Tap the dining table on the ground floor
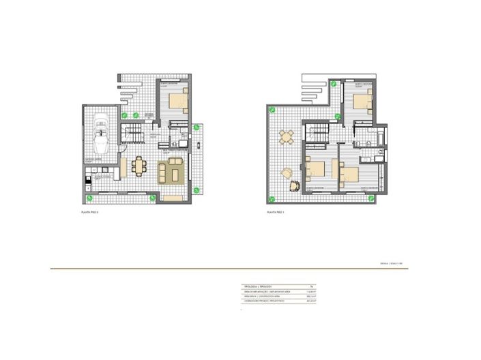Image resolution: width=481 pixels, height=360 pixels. pos(139,166)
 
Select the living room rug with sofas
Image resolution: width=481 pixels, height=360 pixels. pos(170,170)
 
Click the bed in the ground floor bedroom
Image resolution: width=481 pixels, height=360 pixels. pos(179,102)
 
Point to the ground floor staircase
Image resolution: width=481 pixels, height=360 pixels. pos(134,135)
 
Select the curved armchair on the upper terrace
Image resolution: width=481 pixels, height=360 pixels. pos(295,184)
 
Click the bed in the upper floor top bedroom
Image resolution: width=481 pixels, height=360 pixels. pos(362,103)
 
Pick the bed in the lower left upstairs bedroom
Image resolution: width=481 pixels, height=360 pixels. pos(315,169)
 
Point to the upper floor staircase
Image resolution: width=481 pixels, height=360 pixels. pos(317,135)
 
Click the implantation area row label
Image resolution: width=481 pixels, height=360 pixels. pos(263,292)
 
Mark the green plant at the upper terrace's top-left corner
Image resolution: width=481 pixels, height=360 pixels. pos(272,109)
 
